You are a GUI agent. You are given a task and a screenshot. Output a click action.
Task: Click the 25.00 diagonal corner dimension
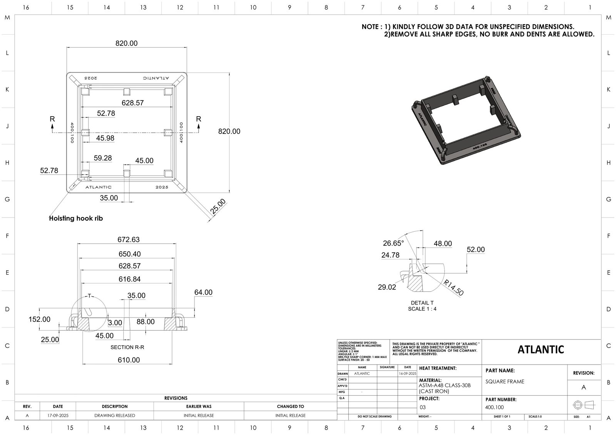218,207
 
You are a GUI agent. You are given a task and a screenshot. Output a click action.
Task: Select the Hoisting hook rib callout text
76,218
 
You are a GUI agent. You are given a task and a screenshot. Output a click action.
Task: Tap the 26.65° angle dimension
393,243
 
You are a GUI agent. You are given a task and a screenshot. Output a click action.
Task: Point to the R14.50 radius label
454,288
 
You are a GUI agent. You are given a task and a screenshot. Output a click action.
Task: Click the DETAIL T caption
422,303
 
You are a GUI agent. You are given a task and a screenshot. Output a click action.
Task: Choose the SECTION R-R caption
127,347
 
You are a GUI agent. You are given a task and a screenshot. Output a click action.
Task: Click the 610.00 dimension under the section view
129,360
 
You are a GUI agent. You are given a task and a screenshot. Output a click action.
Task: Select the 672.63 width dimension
129,239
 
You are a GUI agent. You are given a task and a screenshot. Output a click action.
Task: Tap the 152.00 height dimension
39,319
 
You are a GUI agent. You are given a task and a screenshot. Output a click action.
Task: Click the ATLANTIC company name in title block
541,350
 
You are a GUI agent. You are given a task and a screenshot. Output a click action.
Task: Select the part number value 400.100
494,407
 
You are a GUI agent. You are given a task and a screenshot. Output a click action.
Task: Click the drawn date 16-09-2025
407,373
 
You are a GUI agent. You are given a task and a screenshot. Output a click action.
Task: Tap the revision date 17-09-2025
58,415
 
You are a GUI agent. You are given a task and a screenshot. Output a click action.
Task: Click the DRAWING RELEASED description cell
115,415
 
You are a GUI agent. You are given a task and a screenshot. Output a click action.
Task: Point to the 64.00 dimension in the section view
203,293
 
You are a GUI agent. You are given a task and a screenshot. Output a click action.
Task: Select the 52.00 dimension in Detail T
475,249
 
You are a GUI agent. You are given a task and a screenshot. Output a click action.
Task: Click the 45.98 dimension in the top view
105,138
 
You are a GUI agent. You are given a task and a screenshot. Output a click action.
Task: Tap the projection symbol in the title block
584,405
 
